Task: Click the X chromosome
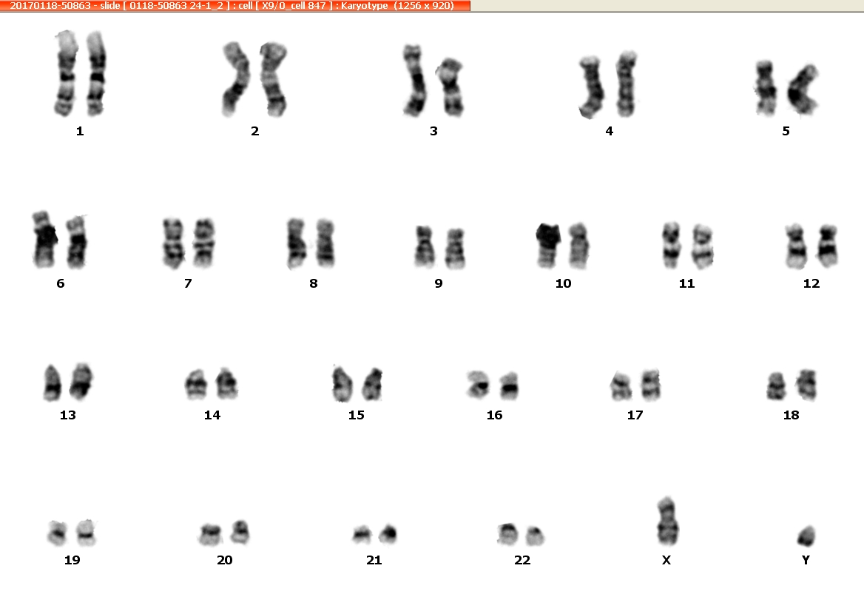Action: (x=666, y=521)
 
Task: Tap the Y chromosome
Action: (x=806, y=536)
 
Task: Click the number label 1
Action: (x=80, y=131)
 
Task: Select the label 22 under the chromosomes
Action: (x=522, y=560)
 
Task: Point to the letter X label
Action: (x=666, y=560)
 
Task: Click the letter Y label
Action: (x=806, y=560)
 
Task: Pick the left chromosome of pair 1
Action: (x=65, y=73)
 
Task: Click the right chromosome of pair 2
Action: (x=274, y=79)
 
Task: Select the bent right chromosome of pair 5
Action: (x=803, y=90)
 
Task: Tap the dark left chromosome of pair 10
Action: (x=547, y=245)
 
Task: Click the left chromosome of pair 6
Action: (x=44, y=240)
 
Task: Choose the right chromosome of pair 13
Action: (x=81, y=381)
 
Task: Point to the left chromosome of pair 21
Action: (x=362, y=534)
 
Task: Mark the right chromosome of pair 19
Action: (x=86, y=532)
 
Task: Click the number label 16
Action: (x=494, y=416)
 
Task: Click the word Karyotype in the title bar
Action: (x=364, y=5)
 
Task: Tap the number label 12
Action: (x=811, y=284)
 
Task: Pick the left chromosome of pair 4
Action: (x=590, y=87)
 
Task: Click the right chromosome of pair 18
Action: (x=806, y=385)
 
